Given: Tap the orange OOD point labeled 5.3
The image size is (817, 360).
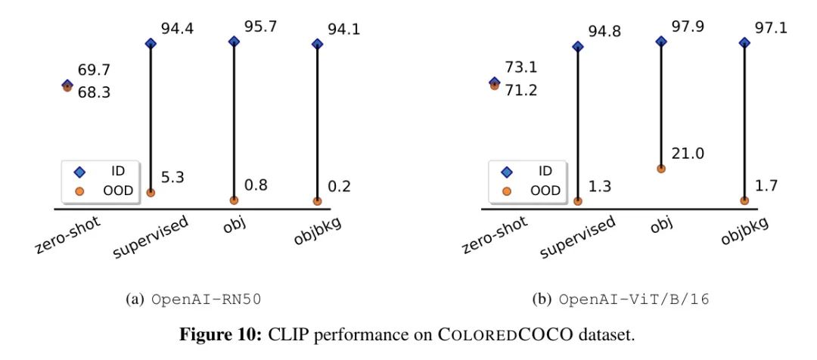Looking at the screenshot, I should click(x=151, y=192).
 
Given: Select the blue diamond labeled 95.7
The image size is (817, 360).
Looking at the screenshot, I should click(x=234, y=42).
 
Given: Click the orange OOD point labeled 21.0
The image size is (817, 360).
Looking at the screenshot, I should click(x=661, y=169).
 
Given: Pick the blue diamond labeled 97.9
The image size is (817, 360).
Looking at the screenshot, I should click(x=661, y=42).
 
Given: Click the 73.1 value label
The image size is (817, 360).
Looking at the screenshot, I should click(x=523, y=67).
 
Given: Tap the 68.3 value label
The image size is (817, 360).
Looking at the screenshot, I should click(x=95, y=95).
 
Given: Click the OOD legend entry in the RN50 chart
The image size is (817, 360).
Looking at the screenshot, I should click(x=107, y=191).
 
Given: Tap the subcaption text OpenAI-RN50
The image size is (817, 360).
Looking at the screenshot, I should click(x=195, y=299).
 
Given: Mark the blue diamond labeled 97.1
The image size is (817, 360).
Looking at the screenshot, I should click(x=744, y=44).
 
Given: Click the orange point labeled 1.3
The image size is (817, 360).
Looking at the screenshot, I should click(x=578, y=201).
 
